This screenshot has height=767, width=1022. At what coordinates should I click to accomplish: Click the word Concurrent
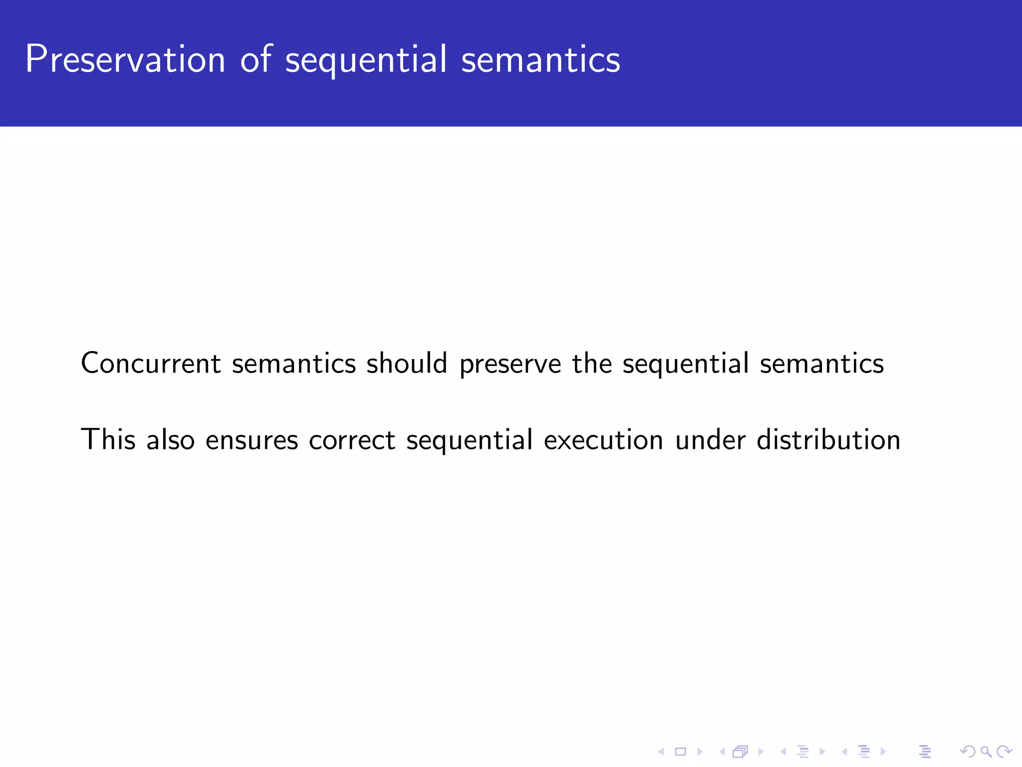click(151, 363)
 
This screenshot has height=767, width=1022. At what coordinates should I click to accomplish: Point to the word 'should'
click(407, 363)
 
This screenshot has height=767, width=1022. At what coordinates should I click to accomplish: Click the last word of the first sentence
click(821, 363)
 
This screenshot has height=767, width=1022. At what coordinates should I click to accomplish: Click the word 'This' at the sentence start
click(108, 439)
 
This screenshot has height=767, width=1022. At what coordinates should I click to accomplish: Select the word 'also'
click(170, 439)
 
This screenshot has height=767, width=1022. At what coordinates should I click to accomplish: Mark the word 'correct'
click(352, 440)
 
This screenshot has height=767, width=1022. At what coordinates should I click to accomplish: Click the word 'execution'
click(603, 440)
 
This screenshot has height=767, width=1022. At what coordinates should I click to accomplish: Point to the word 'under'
click(710, 439)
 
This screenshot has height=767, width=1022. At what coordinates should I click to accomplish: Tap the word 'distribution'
click(828, 439)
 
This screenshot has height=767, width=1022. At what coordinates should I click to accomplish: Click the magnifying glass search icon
click(986, 752)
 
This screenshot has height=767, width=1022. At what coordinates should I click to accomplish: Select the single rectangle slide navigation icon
click(680, 752)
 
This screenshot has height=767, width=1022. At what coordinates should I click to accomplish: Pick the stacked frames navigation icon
click(741, 752)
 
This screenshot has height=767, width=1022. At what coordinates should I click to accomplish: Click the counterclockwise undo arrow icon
click(967, 752)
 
